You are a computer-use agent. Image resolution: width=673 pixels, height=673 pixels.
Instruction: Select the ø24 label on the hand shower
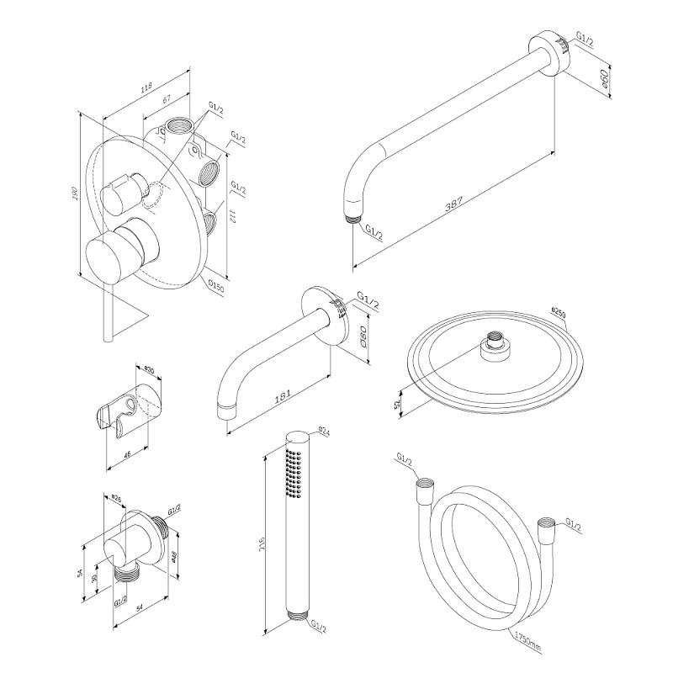coord(323,432)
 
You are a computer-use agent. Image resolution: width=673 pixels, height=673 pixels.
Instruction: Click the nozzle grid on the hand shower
coord(293,471)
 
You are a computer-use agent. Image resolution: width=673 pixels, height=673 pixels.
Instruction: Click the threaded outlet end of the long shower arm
coord(352,220)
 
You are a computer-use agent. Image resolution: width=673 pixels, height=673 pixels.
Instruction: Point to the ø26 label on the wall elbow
coord(118,498)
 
